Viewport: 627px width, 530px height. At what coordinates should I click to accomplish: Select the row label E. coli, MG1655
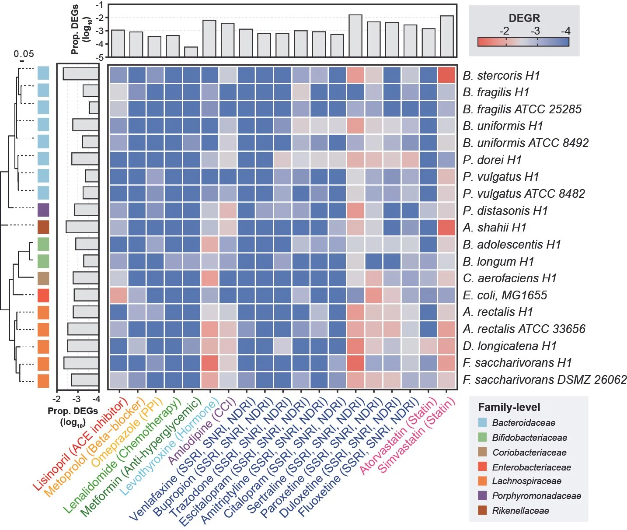[505, 295]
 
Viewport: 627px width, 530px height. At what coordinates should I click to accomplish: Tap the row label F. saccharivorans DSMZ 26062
[544, 380]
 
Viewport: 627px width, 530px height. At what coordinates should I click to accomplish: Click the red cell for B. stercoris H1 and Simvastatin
[446, 75]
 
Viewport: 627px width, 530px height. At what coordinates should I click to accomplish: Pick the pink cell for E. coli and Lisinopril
[118, 295]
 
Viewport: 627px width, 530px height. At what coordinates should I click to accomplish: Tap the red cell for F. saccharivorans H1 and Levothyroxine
[210, 363]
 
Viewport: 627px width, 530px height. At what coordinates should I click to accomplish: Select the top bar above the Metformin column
[191, 52]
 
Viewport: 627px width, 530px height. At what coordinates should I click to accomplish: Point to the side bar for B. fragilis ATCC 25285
[94, 108]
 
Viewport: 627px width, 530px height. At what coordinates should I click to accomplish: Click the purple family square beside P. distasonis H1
[43, 210]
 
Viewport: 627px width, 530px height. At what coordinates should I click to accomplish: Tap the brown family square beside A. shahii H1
[43, 227]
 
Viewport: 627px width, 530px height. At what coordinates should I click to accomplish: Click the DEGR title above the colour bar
[524, 18]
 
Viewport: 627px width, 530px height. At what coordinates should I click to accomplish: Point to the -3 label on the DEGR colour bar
[535, 31]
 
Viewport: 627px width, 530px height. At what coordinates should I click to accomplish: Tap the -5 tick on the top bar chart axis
[100, 57]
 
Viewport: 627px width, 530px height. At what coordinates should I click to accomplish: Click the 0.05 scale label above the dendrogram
[24, 54]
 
